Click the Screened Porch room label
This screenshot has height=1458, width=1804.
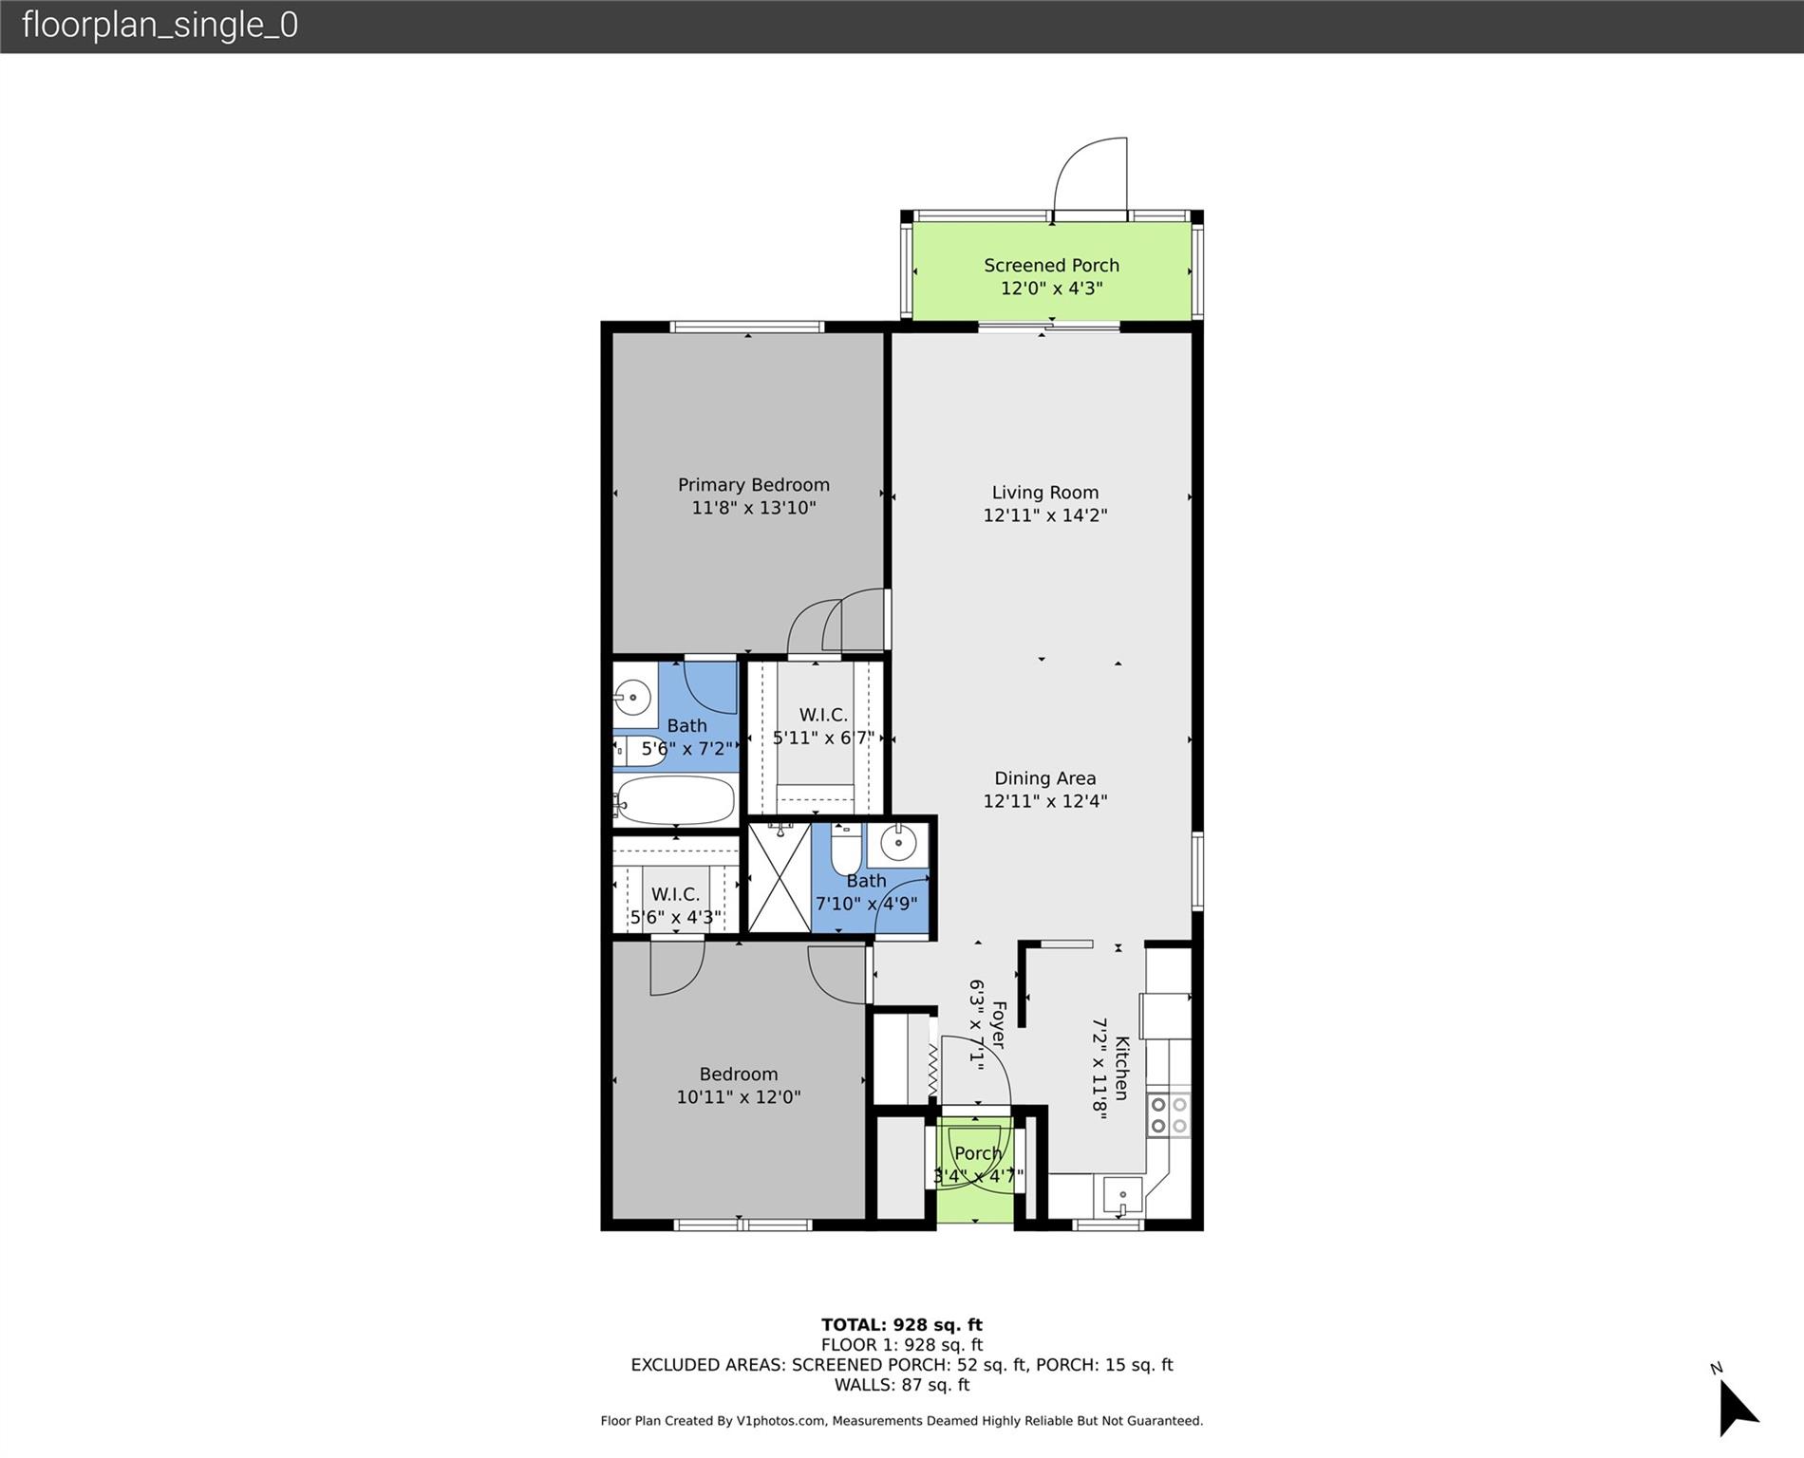1051,266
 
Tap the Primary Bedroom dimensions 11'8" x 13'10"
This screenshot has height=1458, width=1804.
754,508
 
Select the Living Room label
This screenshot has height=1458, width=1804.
1045,493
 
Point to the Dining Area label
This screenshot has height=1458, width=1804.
1045,778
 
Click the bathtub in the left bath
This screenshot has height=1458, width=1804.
675,800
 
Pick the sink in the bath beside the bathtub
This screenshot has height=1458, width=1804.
632,699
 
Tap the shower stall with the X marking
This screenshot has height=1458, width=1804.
780,878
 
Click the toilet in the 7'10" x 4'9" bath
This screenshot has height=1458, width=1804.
846,849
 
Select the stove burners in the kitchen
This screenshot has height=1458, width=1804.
1169,1115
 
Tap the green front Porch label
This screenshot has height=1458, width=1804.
978,1153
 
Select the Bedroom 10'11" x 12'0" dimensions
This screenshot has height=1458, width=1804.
739,1097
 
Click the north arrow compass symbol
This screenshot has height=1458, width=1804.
1738,1409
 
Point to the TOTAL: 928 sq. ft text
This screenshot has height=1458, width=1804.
902,1325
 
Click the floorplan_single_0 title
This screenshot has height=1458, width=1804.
160,25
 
